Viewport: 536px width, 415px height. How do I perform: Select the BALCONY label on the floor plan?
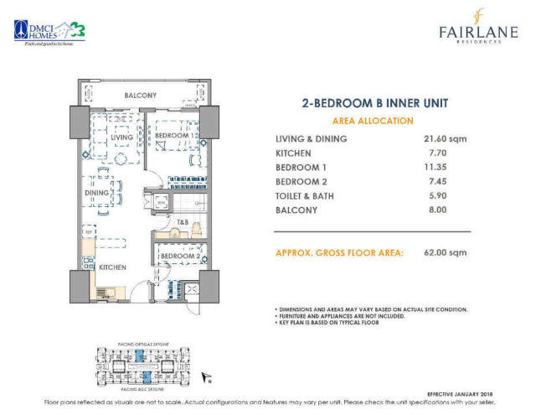pyautogui.click(x=141, y=96)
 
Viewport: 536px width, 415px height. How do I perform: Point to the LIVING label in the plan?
pyautogui.click(x=122, y=137)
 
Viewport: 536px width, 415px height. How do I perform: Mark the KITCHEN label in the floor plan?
pyautogui.click(x=113, y=267)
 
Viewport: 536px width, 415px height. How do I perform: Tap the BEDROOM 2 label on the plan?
pyautogui.click(x=178, y=257)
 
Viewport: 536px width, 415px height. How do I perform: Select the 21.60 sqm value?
pyautogui.click(x=446, y=138)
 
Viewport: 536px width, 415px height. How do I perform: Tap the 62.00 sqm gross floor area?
pyautogui.click(x=446, y=252)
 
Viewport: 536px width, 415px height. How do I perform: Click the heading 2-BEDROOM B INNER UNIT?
pyautogui.click(x=374, y=104)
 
